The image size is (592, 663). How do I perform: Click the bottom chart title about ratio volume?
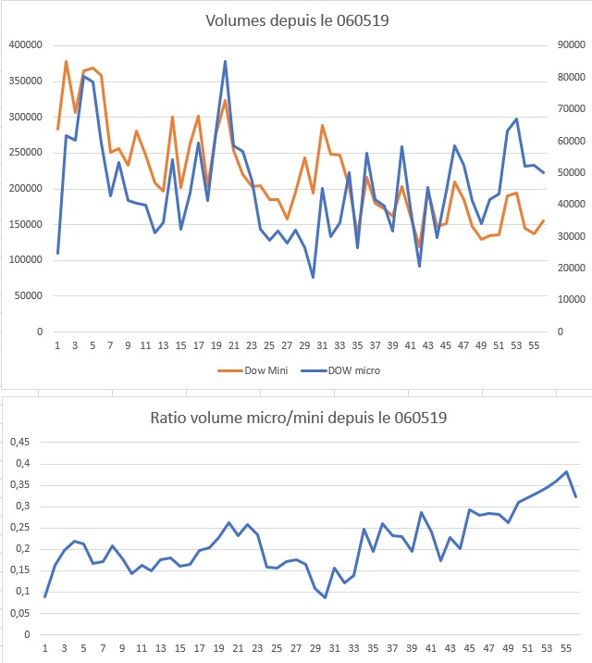(x=298, y=418)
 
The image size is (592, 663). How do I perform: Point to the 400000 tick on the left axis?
(x=25, y=44)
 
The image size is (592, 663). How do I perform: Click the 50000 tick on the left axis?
(x=28, y=295)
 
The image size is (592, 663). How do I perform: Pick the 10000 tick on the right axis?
(x=568, y=299)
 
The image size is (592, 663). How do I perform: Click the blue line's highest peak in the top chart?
(x=225, y=62)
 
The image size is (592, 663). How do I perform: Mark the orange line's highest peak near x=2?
(x=66, y=61)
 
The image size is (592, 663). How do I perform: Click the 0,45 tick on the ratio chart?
(x=19, y=443)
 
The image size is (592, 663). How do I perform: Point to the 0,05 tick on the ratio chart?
(x=19, y=613)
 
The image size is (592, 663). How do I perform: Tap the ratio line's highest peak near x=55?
(x=566, y=471)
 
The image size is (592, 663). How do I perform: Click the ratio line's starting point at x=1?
(x=45, y=596)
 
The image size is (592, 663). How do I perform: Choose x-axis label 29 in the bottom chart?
(x=305, y=649)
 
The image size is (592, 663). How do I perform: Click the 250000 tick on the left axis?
(x=25, y=152)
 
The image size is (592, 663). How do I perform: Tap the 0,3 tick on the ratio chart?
(x=22, y=507)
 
